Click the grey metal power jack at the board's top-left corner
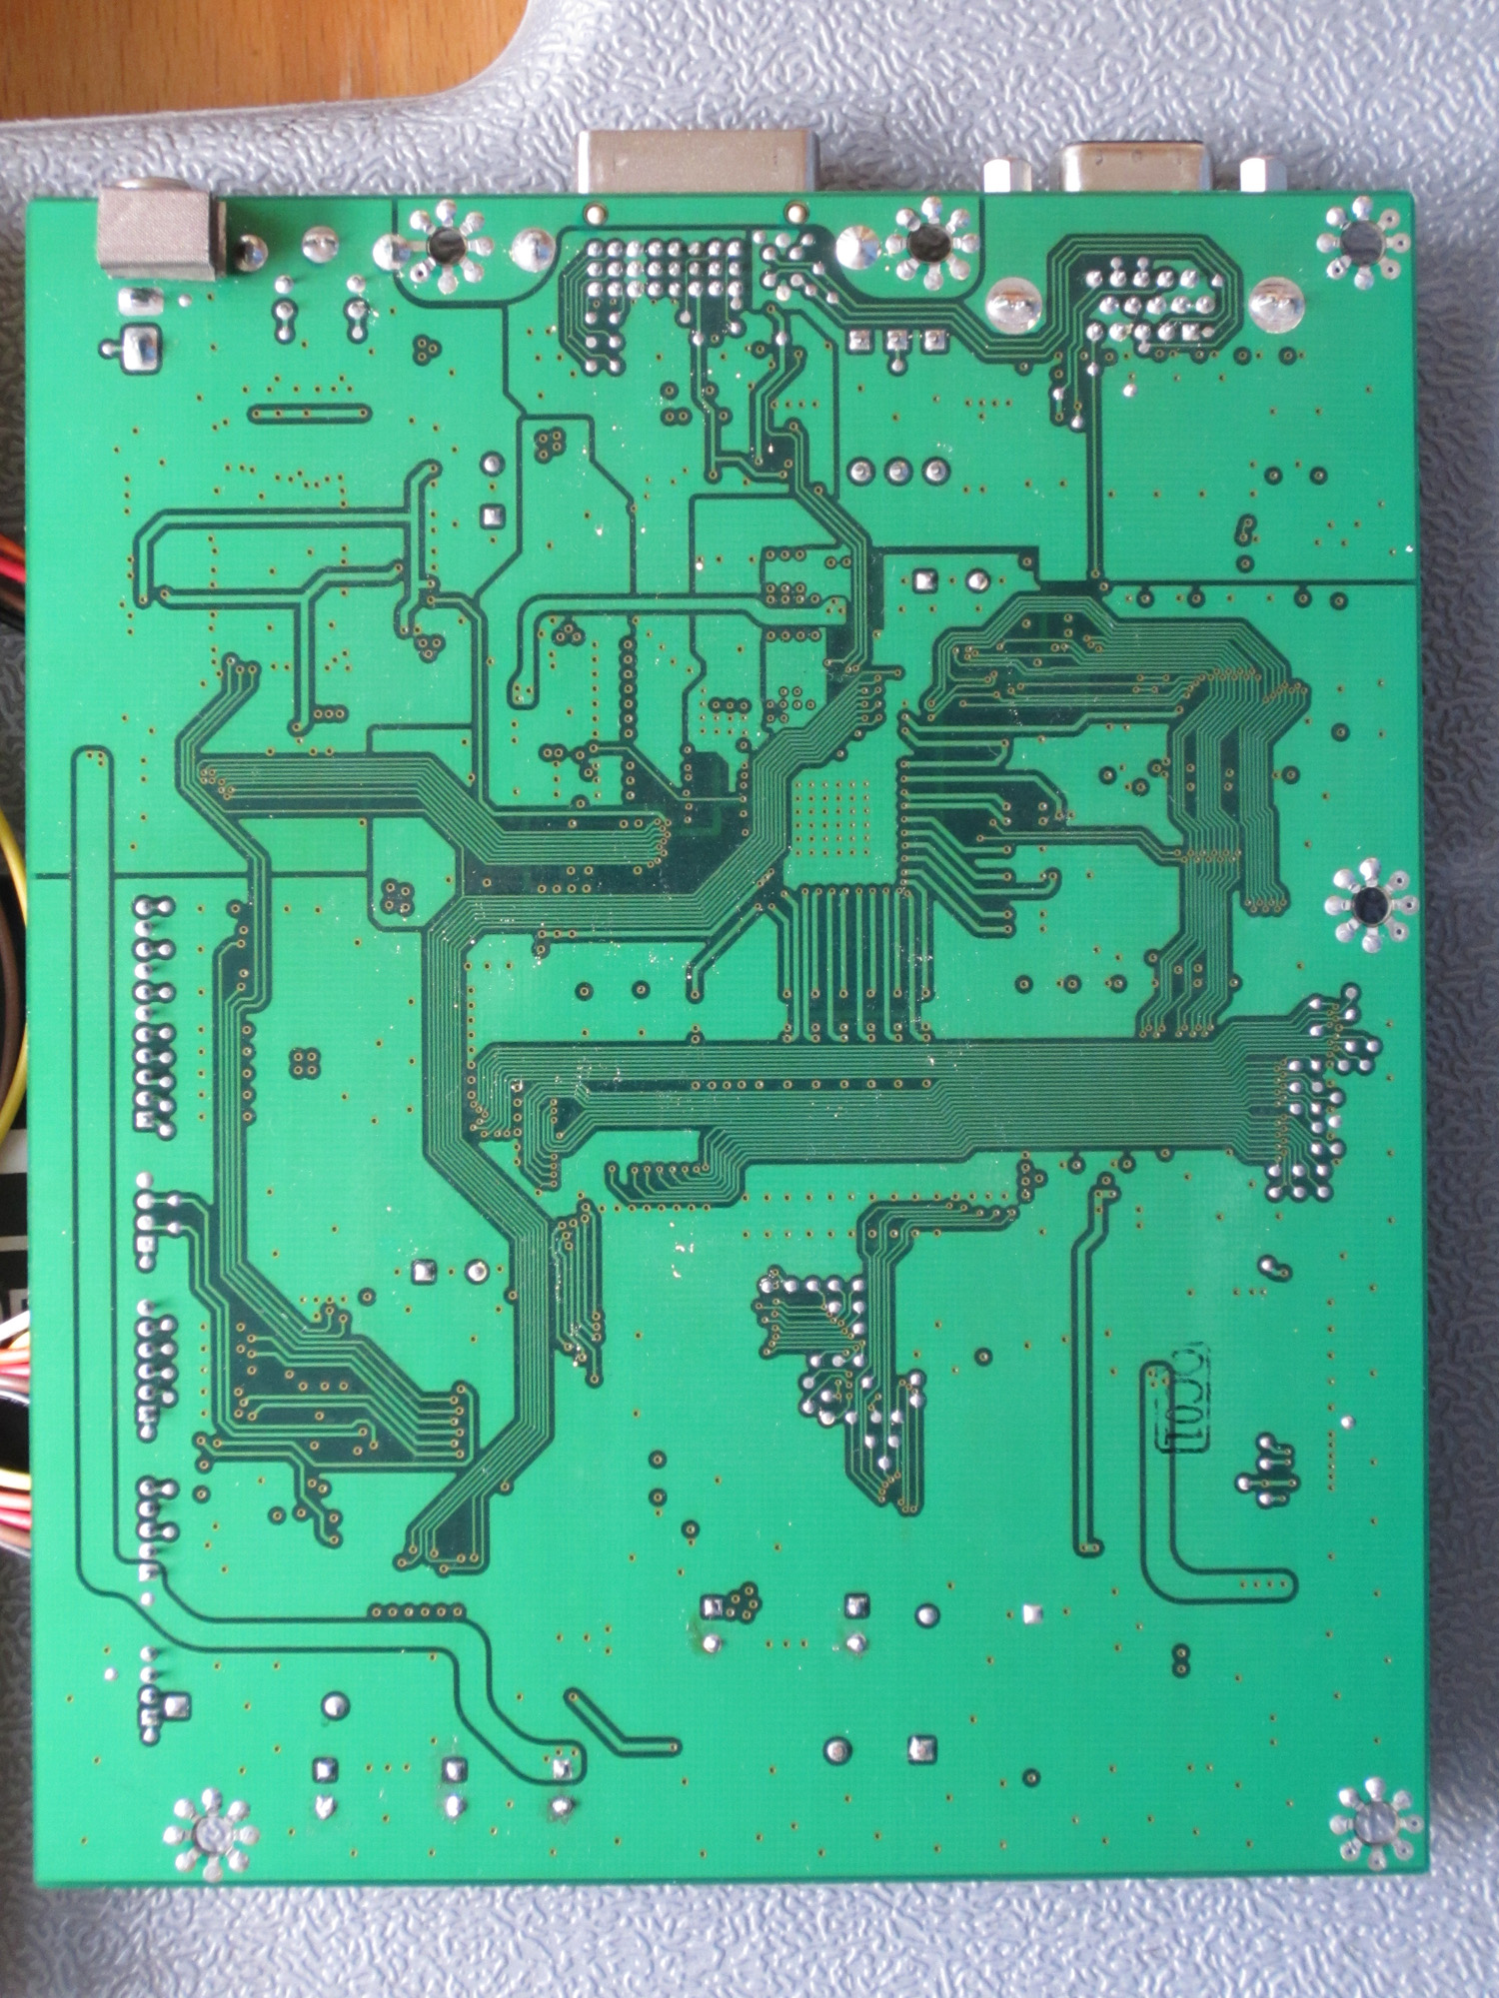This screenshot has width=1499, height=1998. [157, 233]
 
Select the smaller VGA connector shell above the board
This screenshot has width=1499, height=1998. [1134, 166]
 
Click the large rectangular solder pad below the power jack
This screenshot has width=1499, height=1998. [141, 349]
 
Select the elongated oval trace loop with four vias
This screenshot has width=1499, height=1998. [309, 413]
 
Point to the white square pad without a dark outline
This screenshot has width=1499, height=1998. [1033, 1612]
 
